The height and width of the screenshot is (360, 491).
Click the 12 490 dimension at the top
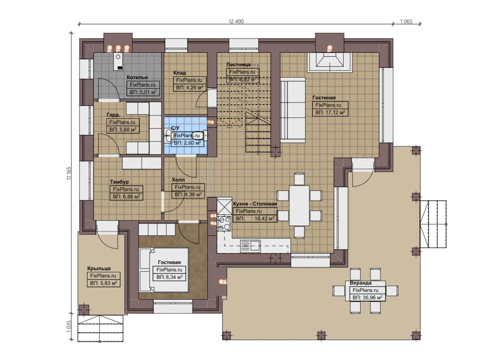pos(236,21)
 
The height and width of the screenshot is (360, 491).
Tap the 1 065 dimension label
pos(406,21)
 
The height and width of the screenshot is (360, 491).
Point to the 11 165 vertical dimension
pos(69,173)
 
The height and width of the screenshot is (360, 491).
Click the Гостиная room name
pos(324,98)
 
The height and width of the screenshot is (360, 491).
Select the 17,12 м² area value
pos(330,112)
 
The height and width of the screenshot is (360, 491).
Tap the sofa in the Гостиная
pos(293,110)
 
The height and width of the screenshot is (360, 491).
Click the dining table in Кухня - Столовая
pos(299,205)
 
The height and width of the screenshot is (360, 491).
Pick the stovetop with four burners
pos(224,223)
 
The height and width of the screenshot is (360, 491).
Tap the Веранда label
pos(360,283)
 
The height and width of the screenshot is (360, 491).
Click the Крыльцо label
pos(99,268)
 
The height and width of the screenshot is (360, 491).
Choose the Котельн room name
pos(137,77)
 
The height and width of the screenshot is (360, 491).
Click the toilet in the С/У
pos(204,135)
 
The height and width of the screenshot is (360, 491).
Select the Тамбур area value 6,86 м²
pos(126,197)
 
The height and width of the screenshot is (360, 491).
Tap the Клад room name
pos(179,73)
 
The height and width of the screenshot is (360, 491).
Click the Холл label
pos(178,180)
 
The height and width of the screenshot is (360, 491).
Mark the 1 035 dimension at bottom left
pos(69,326)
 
